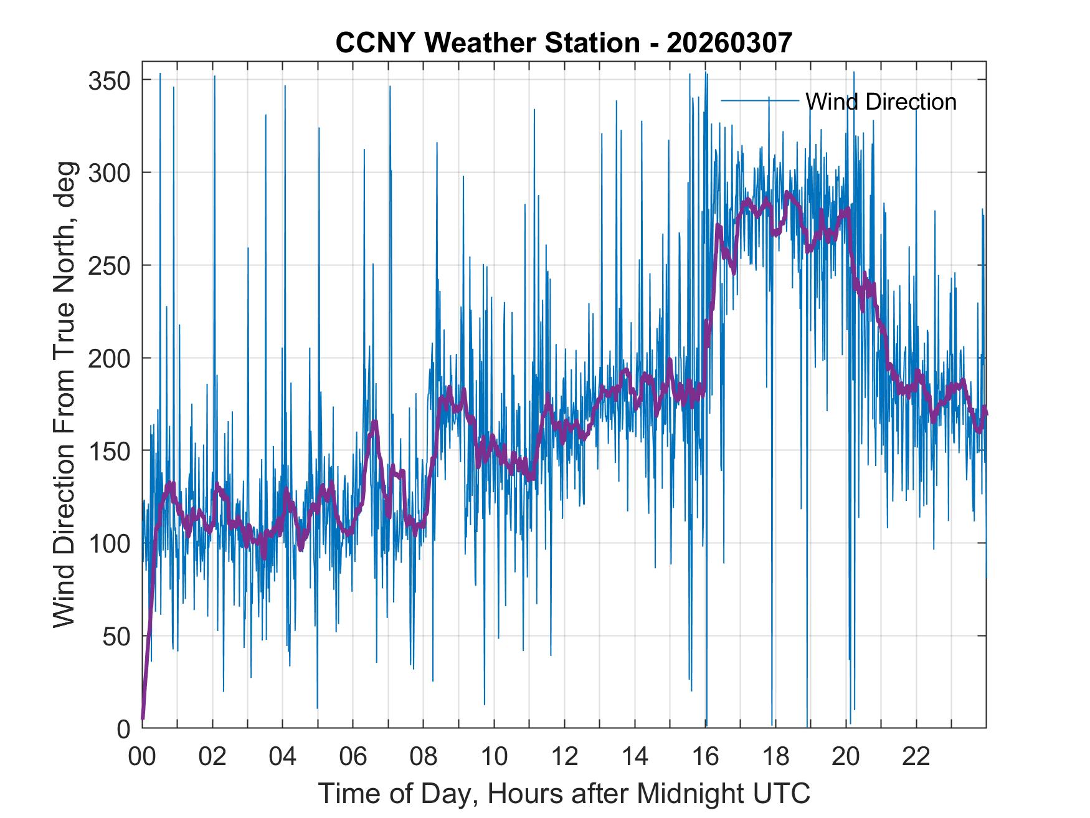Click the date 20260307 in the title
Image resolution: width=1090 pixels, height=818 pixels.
pos(729,43)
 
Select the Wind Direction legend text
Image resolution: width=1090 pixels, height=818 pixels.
pos(881,102)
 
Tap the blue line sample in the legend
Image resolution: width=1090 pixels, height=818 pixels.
pos(760,101)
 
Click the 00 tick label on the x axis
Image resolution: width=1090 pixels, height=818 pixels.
pos(142,757)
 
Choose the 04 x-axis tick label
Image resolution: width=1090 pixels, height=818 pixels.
pos(283,757)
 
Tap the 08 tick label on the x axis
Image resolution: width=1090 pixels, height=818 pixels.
pos(424,757)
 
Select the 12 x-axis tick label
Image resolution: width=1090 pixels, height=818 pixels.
pos(564,757)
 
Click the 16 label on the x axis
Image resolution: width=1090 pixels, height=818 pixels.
pos(705,757)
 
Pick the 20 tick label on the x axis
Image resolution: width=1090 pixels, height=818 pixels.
pos(846,757)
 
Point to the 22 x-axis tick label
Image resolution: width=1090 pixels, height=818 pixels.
pos(916,757)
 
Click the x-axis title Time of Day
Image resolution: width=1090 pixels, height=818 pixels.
pos(564,794)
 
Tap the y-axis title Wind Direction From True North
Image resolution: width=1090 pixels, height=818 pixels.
pos(64,394)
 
